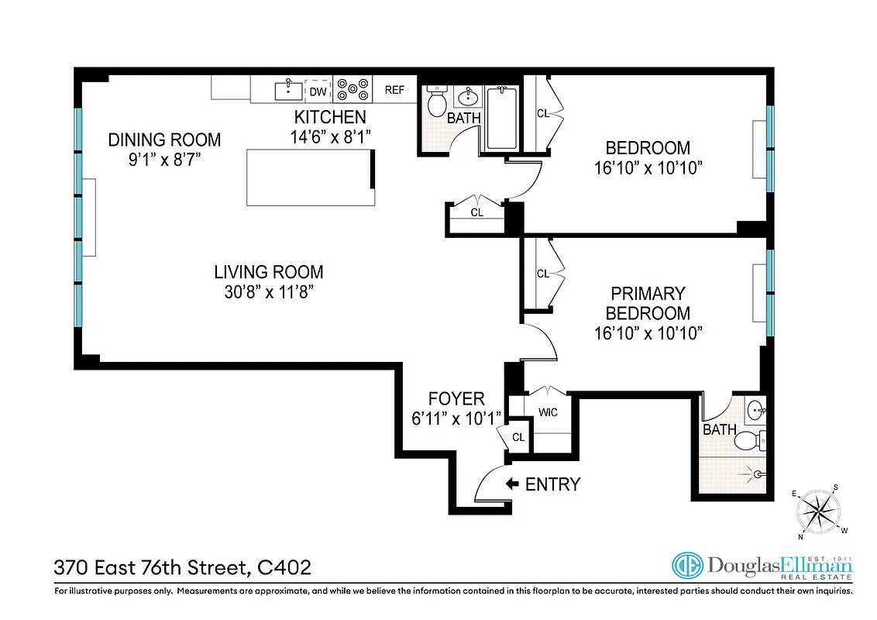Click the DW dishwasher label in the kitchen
317,91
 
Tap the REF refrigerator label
394,90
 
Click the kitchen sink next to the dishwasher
288,90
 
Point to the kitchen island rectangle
310,177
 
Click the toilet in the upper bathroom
436,102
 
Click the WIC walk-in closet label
549,412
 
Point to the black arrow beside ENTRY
512,484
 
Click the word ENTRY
552,484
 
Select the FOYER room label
457,399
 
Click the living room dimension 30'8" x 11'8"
269,292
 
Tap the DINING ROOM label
164,140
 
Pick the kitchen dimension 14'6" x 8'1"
330,136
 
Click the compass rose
819,511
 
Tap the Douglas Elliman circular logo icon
687,567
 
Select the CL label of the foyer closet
518,438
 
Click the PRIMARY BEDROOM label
648,304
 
